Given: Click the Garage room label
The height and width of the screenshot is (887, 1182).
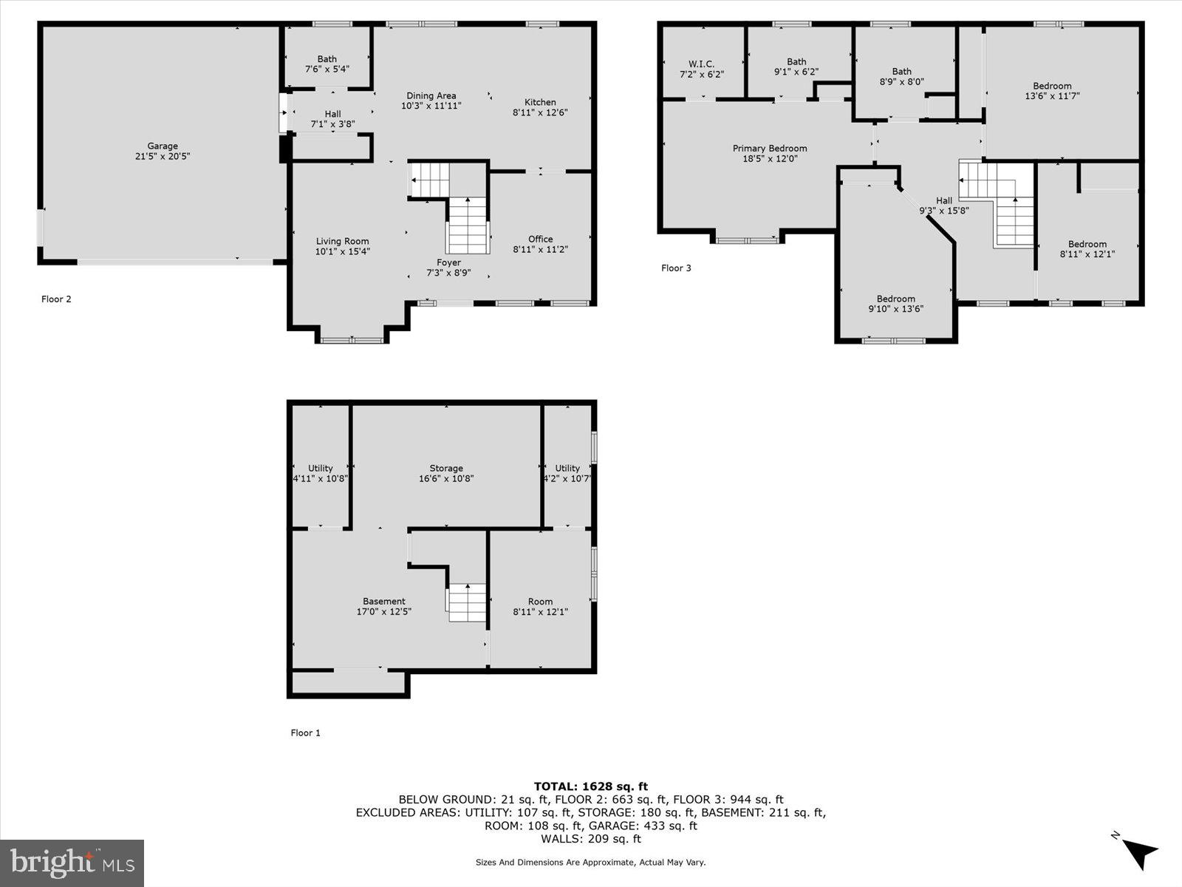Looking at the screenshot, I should pos(162,146).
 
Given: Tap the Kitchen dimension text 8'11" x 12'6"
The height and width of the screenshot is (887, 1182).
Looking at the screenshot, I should pos(540,113).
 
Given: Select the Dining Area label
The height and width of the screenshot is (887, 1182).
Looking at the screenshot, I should pos(431,95).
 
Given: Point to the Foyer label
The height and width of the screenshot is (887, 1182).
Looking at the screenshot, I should pos(448,262).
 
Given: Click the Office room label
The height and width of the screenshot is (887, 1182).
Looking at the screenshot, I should pos(540,239).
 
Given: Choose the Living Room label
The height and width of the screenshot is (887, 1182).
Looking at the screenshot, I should pos(342,241).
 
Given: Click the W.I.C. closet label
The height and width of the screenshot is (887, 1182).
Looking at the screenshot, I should pos(701,64).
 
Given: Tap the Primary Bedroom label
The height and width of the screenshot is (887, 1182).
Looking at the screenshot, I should pos(770,149).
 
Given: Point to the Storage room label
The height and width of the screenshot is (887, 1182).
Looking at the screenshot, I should pos(446,468).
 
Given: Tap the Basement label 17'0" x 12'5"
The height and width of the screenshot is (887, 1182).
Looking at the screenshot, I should pos(383,606).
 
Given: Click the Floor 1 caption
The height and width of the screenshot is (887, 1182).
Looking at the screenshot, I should pos(305,733).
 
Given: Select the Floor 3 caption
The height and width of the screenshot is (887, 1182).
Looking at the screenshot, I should pos(676,268).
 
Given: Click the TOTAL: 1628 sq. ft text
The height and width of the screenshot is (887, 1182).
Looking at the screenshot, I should pos(590,786).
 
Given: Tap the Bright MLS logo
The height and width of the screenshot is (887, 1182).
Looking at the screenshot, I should pos(72,863).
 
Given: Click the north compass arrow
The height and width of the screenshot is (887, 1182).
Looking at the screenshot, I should pos(1140,852).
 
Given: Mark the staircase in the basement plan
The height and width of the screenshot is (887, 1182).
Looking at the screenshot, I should pos(467,602).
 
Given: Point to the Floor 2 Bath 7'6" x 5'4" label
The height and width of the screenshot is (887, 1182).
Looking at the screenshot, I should pos(327,64).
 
